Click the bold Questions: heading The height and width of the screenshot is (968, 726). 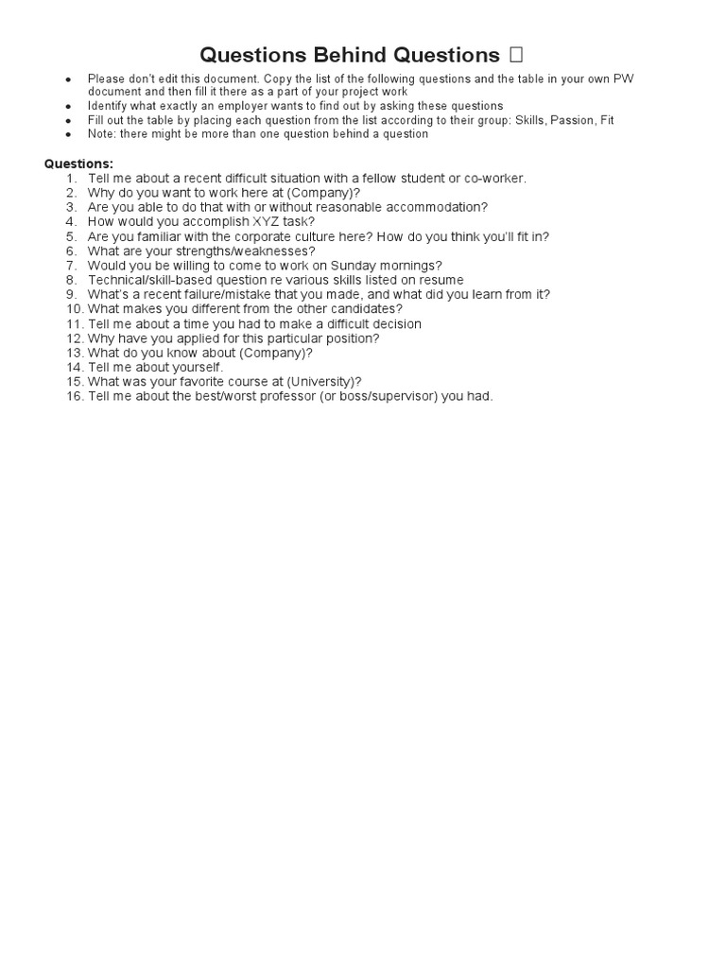tap(78, 164)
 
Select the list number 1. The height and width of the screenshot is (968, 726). tap(72, 178)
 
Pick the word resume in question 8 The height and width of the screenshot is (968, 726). tap(443, 280)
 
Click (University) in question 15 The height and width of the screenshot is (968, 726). tap(318, 382)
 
